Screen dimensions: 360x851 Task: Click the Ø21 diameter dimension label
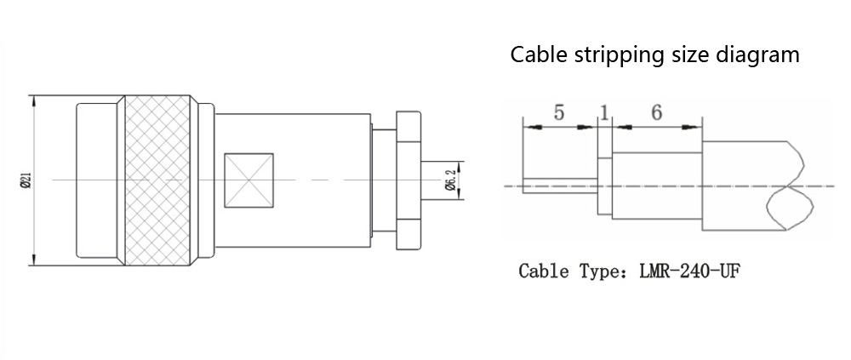click(26, 180)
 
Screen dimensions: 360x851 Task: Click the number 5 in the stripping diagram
click(558, 112)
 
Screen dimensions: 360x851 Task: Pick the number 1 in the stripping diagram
click(604, 112)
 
